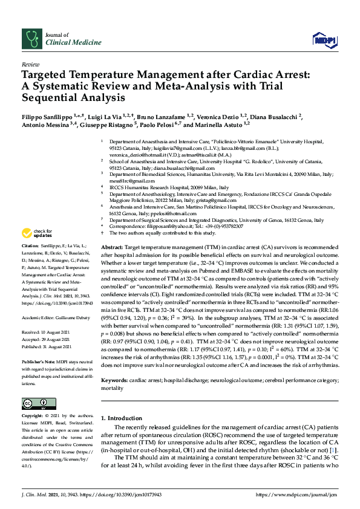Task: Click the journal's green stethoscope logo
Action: coord(31,40)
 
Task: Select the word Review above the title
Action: coord(30,63)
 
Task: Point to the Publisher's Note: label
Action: coord(38,360)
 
